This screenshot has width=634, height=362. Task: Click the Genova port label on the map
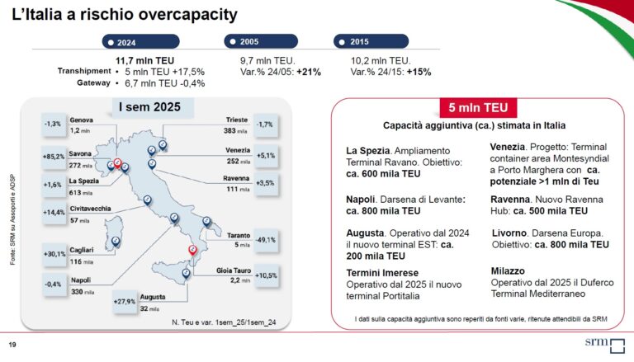point(81,120)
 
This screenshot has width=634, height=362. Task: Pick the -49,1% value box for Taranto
point(266,240)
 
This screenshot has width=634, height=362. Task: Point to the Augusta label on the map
point(154,294)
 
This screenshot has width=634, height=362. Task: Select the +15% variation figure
point(419,72)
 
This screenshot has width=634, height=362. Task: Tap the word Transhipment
point(83,71)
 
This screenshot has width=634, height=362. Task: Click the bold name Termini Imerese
point(382,272)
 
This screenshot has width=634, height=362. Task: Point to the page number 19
point(12,344)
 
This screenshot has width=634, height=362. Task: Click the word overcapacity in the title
point(182,15)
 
